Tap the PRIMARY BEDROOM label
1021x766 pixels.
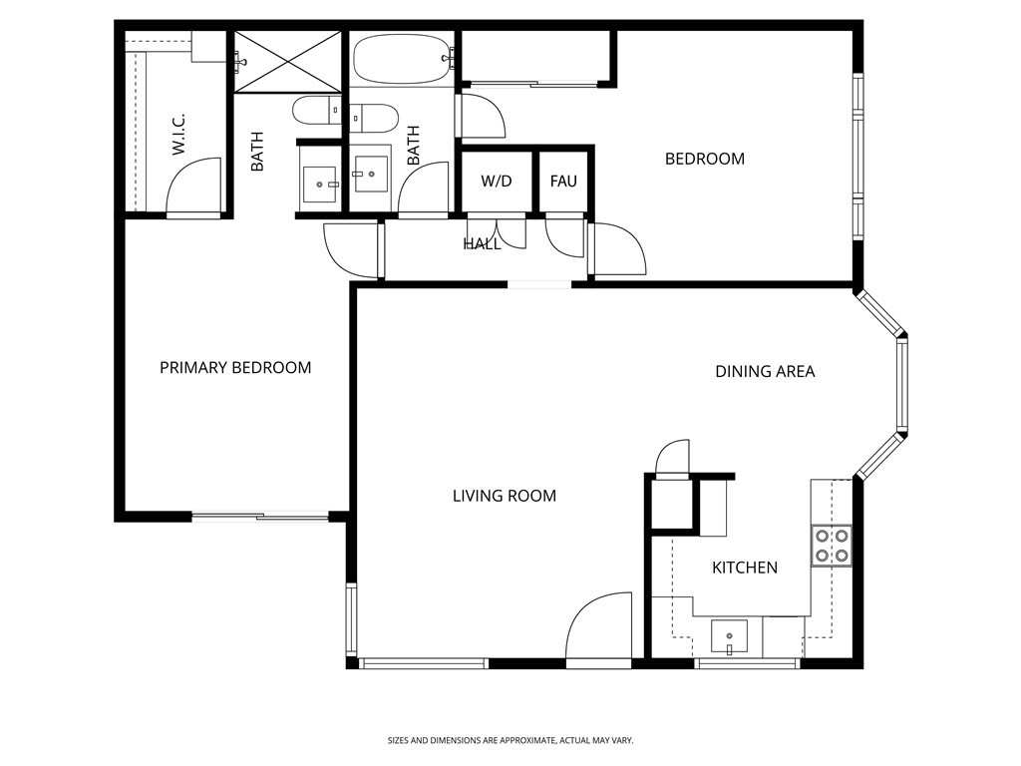[x=235, y=368]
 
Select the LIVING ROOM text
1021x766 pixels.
[x=504, y=496]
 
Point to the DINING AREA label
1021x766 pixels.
[x=765, y=372]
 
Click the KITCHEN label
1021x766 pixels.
[x=744, y=568]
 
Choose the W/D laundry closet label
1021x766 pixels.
[x=496, y=182]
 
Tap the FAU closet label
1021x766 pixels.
[x=563, y=182]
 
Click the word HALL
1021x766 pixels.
[x=482, y=243]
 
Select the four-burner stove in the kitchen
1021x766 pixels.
[x=832, y=545]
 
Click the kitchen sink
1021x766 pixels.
[x=730, y=634]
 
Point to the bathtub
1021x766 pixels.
[x=402, y=59]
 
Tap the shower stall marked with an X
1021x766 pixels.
[x=287, y=62]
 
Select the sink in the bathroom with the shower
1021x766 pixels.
[x=320, y=184]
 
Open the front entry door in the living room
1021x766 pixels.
[x=599, y=628]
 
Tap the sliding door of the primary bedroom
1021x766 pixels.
[x=260, y=516]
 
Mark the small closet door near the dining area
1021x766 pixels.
[x=673, y=458]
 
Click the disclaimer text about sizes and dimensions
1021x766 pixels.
[x=510, y=740]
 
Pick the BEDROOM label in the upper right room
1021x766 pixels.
[x=704, y=159]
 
